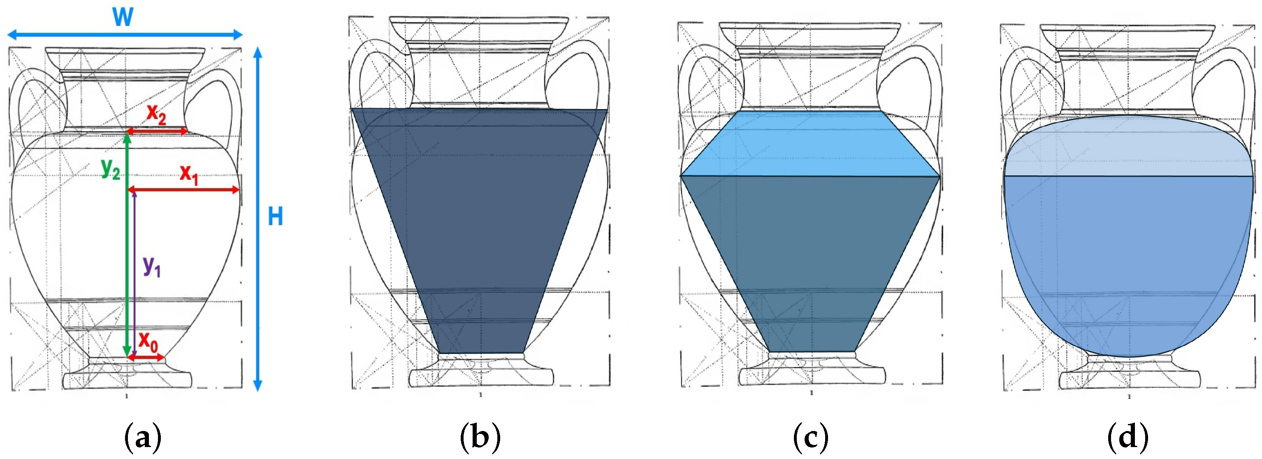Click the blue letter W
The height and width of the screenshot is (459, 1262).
coord(123,17)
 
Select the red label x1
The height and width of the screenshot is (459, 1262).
coord(189,174)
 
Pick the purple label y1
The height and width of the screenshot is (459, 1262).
coord(151,267)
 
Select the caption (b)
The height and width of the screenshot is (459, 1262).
coord(480,437)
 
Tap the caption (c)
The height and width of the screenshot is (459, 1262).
coord(811,437)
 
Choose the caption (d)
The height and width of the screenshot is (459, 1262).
coord(1128,437)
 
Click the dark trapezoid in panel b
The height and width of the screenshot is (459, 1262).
coord(480,221)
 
